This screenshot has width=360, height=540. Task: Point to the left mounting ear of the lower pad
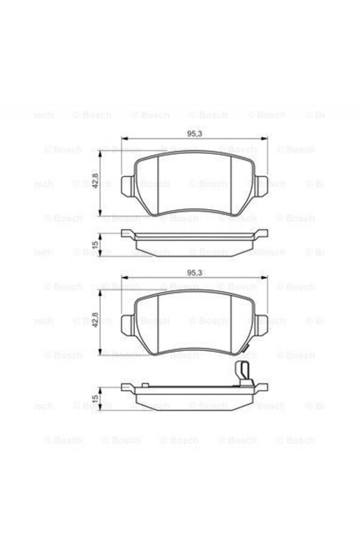pos(128,324)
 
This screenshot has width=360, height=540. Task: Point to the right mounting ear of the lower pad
pos(261,324)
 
